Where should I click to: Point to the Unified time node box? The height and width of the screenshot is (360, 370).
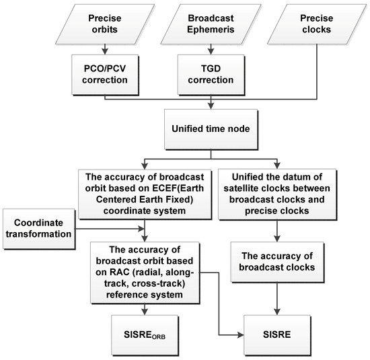click(x=211, y=126)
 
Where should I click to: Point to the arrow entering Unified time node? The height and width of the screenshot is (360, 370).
click(x=211, y=102)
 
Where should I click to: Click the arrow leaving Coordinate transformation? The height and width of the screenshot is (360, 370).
click(x=84, y=229)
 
